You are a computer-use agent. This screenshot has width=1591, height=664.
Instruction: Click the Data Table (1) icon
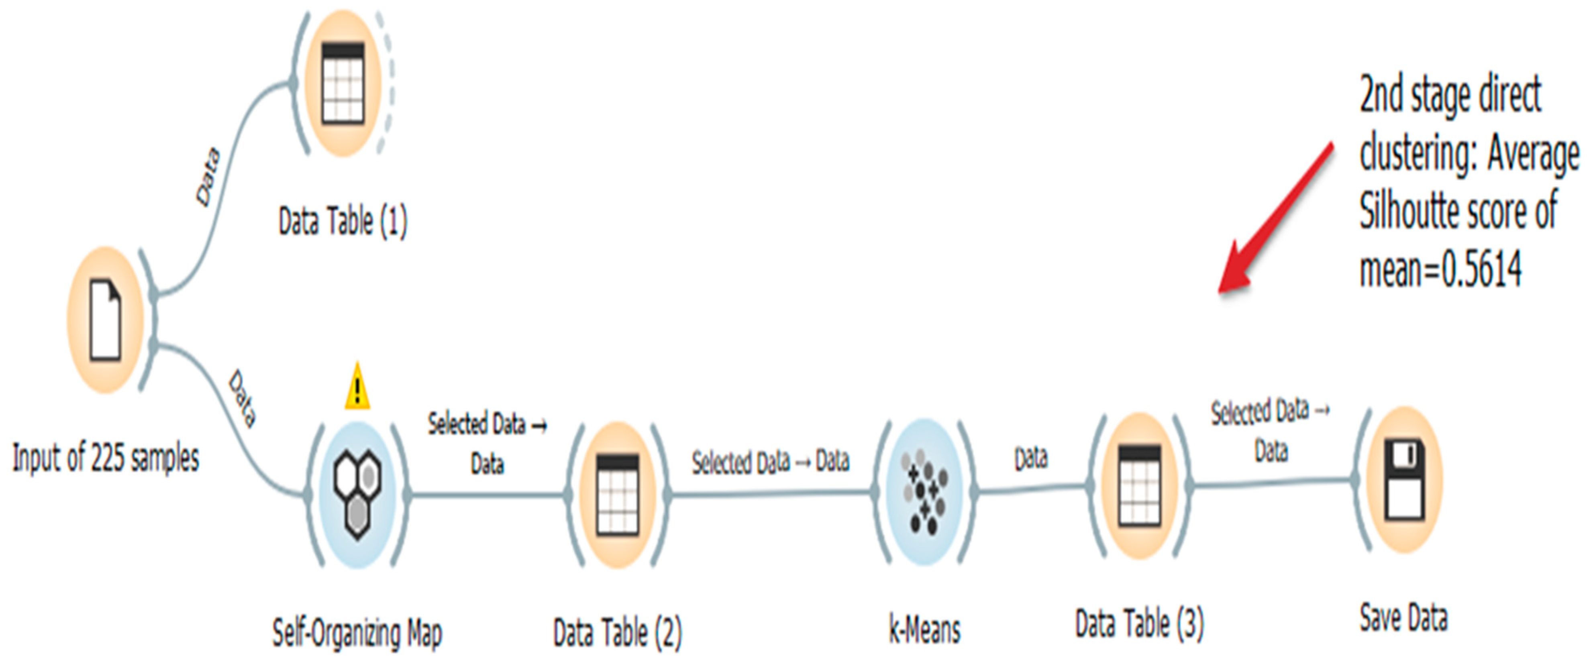pyautogui.click(x=343, y=84)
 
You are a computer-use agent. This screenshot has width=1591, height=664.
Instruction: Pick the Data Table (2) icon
pyautogui.click(x=618, y=494)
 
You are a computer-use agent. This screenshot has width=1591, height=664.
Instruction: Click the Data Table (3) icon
pyautogui.click(x=1140, y=485)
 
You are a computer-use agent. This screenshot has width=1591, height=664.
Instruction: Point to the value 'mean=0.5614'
pyautogui.click(x=1440, y=269)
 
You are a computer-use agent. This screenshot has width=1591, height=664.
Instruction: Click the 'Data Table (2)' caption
pyautogui.click(x=618, y=633)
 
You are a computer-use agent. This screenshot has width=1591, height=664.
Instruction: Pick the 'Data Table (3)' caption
pyautogui.click(x=1140, y=624)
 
